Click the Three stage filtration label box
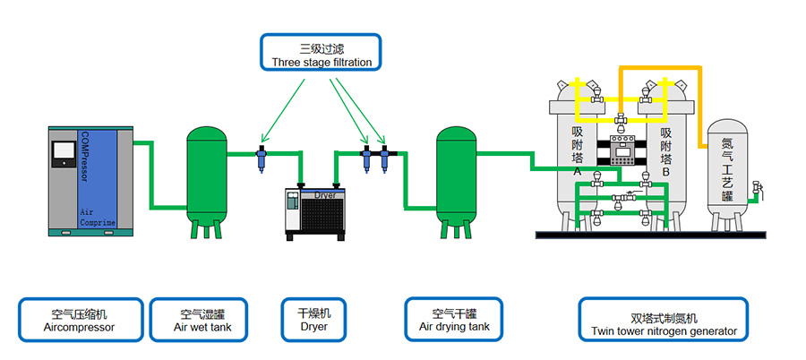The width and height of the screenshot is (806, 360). click(321, 53)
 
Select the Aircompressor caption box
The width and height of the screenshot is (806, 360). click(80, 321)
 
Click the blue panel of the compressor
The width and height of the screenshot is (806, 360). click(98, 179)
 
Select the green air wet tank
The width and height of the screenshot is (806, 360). click(206, 175)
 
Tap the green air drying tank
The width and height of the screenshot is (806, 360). click(456, 175)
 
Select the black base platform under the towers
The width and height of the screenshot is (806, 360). click(650, 235)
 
